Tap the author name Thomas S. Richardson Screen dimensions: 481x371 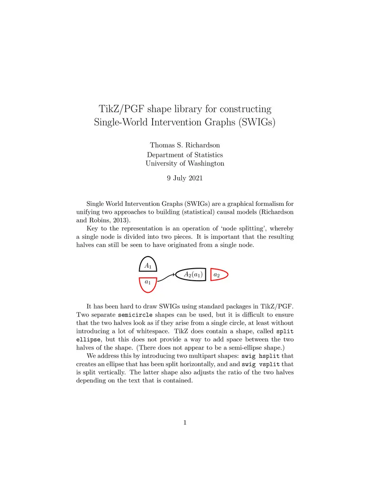coord(185,145)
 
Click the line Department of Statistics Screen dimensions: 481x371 coord(185,155)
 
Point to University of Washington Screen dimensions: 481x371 coord(185,164)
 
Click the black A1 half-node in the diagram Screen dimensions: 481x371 coord(148,265)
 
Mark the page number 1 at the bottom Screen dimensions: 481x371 coord(185,422)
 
